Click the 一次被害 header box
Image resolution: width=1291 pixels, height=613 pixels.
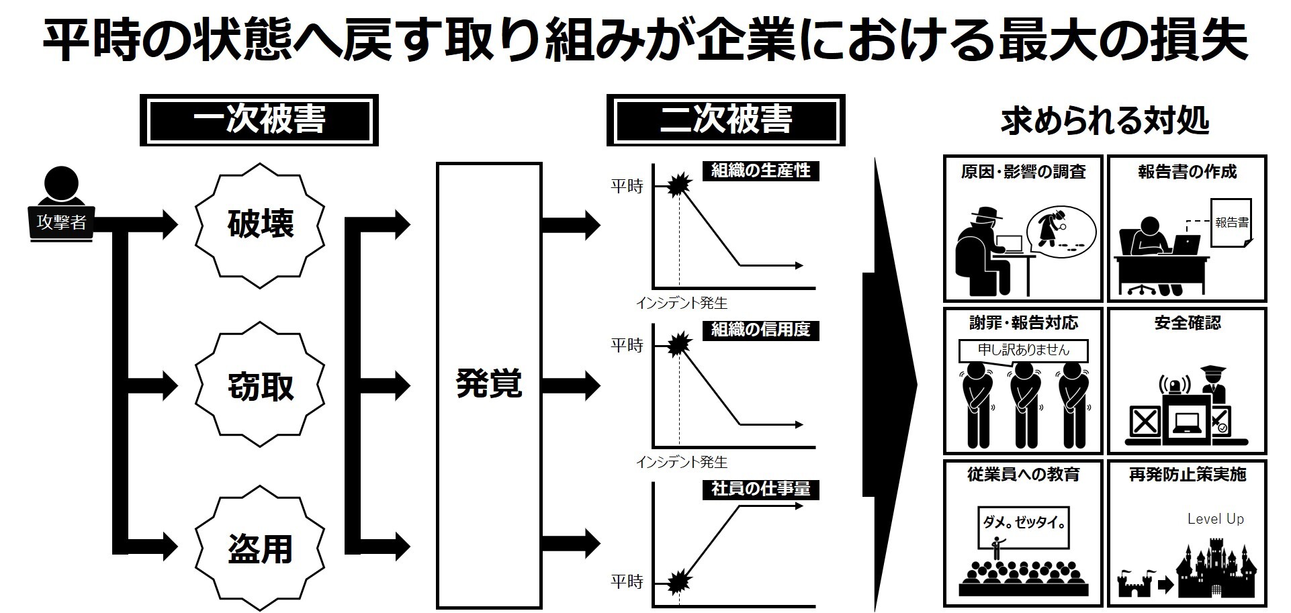pyautogui.click(x=259, y=120)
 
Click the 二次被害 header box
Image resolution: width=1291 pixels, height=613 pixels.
pyautogui.click(x=725, y=120)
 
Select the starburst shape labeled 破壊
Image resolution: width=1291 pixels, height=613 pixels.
pyautogui.click(x=260, y=224)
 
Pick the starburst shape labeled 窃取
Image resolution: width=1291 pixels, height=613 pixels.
pyautogui.click(x=260, y=386)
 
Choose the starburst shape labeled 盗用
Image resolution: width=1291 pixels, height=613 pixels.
pyautogui.click(x=260, y=549)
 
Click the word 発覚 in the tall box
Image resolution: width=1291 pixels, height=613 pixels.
pyautogui.click(x=488, y=384)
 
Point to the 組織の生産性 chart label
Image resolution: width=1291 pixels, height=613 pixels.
pyautogui.click(x=760, y=171)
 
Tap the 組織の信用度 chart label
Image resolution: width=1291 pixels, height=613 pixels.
pyautogui.click(x=760, y=330)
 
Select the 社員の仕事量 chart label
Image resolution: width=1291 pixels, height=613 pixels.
pyautogui.click(x=760, y=489)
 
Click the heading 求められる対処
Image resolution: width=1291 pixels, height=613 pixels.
pyautogui.click(x=1104, y=122)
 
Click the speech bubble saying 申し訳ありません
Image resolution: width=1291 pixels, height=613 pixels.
pyautogui.click(x=1023, y=350)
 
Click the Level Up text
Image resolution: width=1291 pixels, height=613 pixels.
pyautogui.click(x=1215, y=519)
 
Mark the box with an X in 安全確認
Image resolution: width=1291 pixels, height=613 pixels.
pyautogui.click(x=1145, y=422)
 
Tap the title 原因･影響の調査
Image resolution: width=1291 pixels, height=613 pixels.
pyautogui.click(x=1023, y=172)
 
